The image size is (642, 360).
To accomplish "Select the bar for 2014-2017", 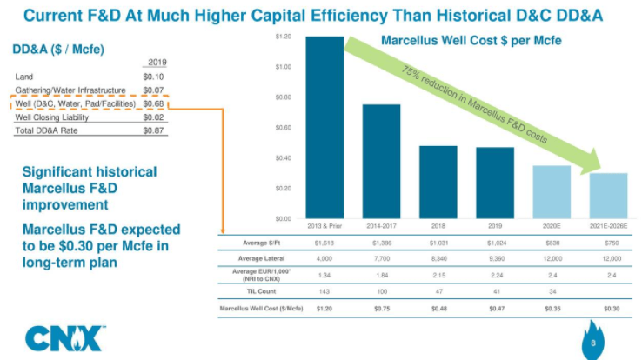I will [381, 162].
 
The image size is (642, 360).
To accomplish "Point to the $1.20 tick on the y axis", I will [282, 37].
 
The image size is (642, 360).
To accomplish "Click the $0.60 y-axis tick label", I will [282, 128].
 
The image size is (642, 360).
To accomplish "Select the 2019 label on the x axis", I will [495, 225].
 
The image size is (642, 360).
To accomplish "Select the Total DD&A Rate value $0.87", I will [152, 130].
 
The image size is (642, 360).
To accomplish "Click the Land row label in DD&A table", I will [24, 77].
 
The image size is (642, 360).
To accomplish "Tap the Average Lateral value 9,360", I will [495, 257].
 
